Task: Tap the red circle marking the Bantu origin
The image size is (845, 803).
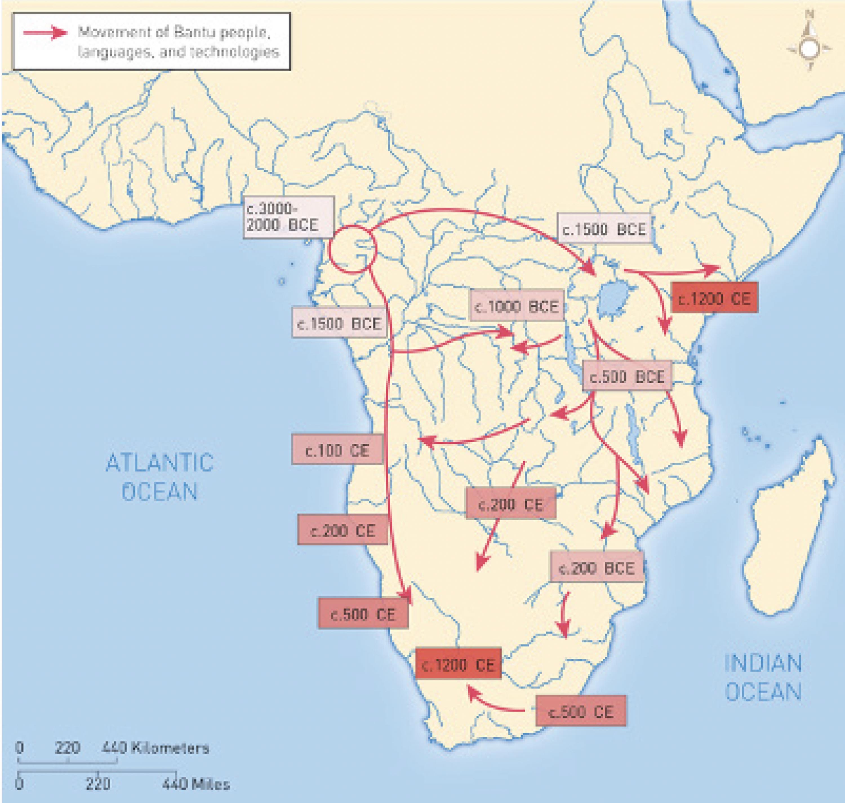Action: pyautogui.click(x=353, y=249)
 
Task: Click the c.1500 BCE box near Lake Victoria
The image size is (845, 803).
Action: pyautogui.click(x=604, y=229)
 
